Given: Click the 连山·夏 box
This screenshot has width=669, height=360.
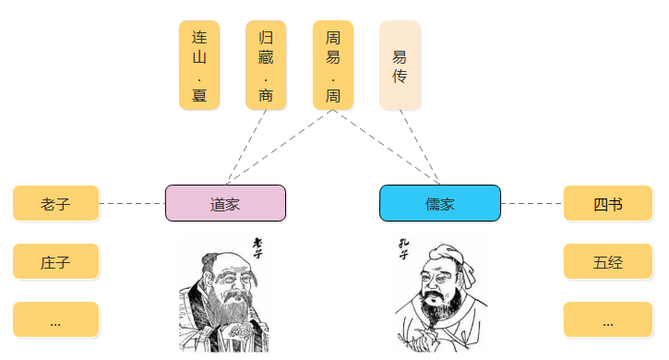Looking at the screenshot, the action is tap(199, 65).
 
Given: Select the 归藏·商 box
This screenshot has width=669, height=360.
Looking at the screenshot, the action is tap(266, 65).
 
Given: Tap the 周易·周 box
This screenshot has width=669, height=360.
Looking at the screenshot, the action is tap(333, 65).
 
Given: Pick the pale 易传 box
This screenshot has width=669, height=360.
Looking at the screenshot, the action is tap(400, 65).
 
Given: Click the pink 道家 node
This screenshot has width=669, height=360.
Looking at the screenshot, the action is tap(225, 203).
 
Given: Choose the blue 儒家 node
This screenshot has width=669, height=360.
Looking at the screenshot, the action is tap(440, 203).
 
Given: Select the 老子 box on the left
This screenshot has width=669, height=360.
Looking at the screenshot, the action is tap(56, 203).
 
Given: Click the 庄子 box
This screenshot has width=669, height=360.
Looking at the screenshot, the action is tap(56, 261).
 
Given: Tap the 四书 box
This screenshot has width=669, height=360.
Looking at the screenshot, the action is tap(608, 203).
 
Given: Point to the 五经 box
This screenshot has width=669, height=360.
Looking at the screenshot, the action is tap(608, 261).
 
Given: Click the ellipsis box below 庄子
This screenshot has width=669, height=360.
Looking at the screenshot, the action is tap(56, 319).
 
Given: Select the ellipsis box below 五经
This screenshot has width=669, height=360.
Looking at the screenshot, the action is tap(608, 319).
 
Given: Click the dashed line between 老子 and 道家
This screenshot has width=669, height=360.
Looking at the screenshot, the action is tap(132, 203).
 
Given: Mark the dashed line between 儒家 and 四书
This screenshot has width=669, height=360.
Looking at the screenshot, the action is tap(532, 203).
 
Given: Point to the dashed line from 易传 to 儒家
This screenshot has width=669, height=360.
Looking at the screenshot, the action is tap(420, 148).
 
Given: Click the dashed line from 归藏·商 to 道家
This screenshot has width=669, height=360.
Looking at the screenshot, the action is tap(246, 148).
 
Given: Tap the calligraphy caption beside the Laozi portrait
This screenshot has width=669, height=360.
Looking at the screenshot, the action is tap(257, 248).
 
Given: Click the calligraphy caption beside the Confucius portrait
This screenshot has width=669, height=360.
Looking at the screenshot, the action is tap(403, 249).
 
